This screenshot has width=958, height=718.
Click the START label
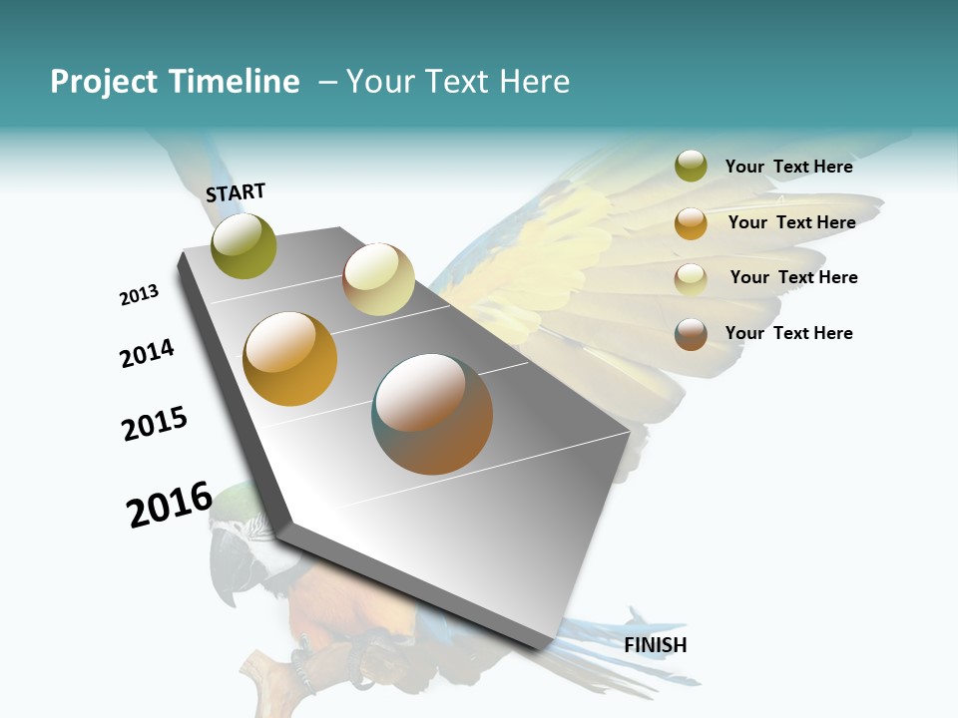click(236, 192)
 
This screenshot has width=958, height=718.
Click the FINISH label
click(656, 645)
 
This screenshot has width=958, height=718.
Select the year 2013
click(139, 295)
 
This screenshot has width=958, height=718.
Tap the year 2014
click(147, 353)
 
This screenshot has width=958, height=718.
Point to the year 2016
click(170, 504)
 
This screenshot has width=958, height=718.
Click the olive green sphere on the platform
click(243, 245)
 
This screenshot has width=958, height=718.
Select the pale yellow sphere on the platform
click(378, 279)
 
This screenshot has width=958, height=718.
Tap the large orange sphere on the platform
click(290, 359)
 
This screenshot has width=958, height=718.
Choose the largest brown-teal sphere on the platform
click(432, 414)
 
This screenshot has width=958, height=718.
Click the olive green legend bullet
click(691, 167)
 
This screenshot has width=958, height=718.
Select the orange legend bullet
click(691, 223)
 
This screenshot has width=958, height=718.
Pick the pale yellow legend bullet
click(691, 279)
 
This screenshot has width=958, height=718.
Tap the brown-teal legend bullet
click(691, 334)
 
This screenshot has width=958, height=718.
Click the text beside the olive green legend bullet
click(788, 167)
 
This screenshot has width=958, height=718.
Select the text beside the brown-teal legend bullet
click(788, 333)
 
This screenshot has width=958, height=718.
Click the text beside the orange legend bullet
click(791, 222)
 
